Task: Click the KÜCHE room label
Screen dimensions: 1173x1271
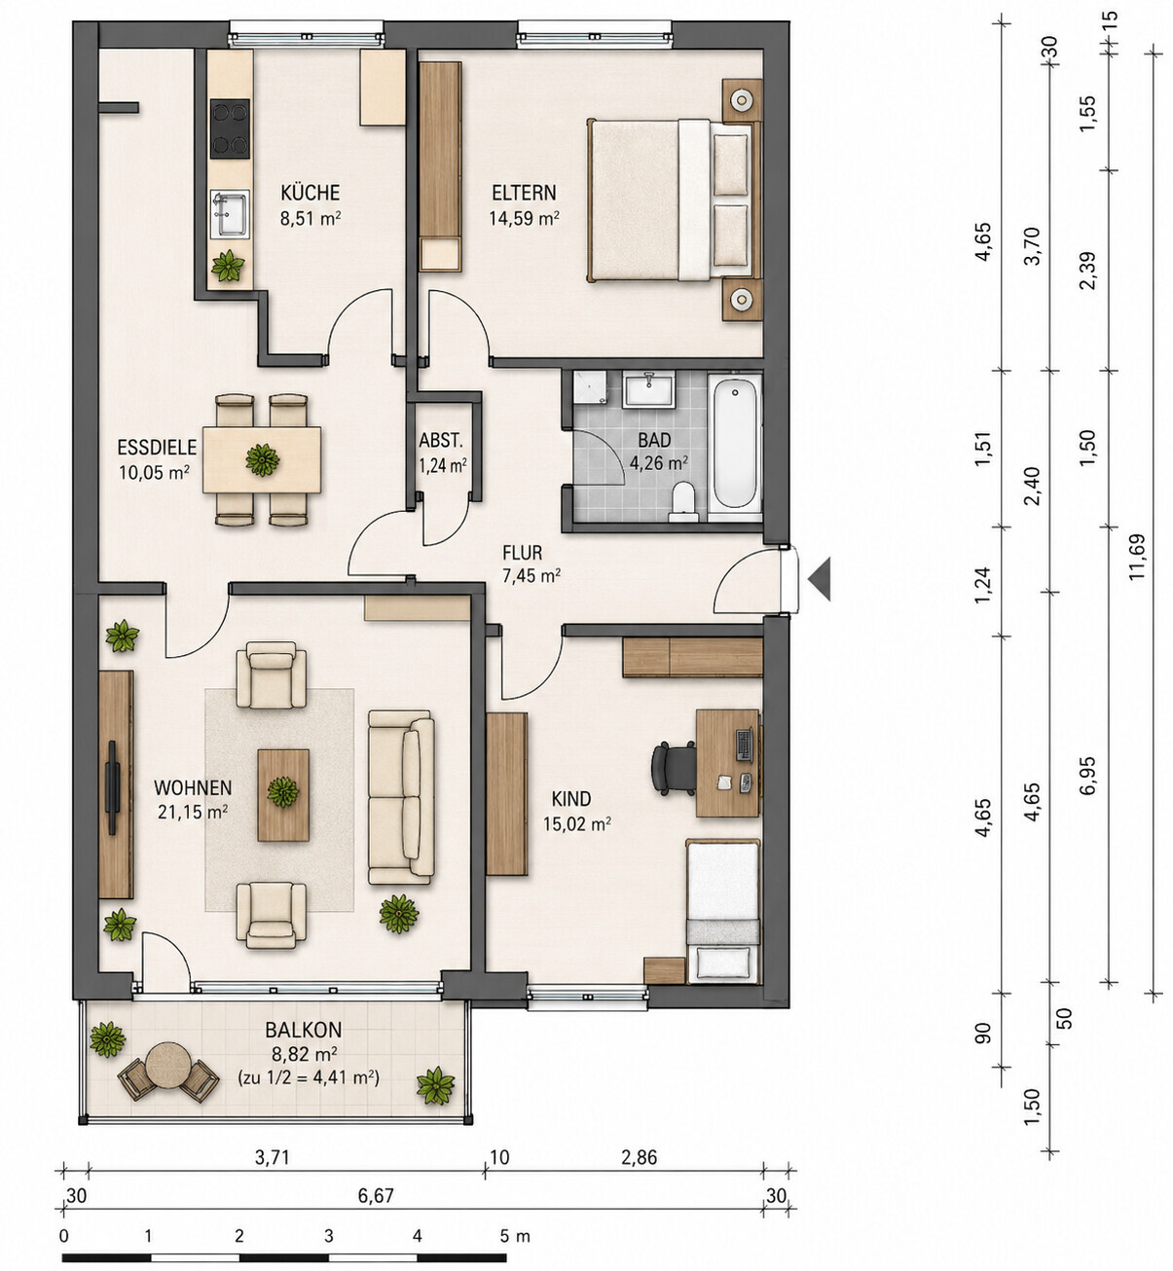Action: [x=310, y=193]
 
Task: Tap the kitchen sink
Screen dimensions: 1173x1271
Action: [x=230, y=214]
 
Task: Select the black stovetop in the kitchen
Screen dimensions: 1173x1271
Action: [x=230, y=128]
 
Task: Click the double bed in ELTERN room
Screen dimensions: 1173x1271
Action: [x=669, y=200]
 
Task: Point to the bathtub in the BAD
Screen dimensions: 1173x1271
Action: [x=734, y=443]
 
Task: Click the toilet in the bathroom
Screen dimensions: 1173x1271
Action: [x=682, y=502]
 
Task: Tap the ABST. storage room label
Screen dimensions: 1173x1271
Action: [x=441, y=440]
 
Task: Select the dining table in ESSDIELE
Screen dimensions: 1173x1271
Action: [x=262, y=459]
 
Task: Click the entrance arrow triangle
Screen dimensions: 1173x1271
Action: [x=821, y=579]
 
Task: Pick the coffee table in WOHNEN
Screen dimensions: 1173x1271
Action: [x=283, y=795]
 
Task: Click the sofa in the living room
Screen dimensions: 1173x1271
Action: [x=401, y=797]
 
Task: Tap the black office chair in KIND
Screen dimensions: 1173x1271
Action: [x=673, y=767]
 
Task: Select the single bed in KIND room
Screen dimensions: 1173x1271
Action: [x=722, y=911]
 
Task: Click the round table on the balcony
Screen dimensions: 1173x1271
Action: [x=167, y=1066]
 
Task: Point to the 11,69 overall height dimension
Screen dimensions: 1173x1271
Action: [x=1137, y=557]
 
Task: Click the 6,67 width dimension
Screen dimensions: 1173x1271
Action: [x=376, y=1195]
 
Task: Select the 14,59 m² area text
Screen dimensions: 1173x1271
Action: [x=524, y=219]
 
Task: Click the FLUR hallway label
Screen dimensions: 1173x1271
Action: [x=522, y=553]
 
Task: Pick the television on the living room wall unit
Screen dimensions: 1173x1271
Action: [x=113, y=788]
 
